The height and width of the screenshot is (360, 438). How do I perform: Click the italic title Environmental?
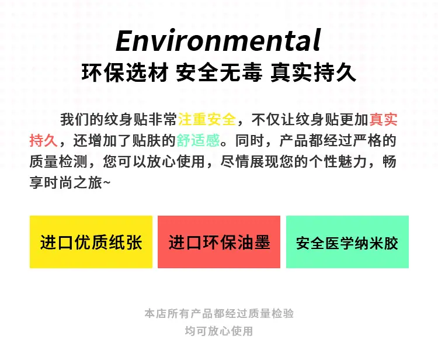218,40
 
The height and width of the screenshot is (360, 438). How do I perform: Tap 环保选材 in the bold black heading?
125,72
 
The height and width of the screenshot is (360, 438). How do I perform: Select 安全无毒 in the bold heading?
219,72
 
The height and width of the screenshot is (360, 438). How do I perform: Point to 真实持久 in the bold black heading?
313,72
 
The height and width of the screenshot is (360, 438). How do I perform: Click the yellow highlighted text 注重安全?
207,119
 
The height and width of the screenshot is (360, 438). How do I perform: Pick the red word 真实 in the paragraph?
383,119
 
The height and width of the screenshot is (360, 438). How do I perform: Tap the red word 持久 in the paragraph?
44,140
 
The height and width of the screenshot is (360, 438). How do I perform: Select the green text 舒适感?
199,140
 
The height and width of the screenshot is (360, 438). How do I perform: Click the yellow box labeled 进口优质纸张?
91,242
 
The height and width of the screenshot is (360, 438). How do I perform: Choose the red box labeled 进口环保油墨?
219,242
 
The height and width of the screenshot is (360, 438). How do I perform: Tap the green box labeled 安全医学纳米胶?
347,242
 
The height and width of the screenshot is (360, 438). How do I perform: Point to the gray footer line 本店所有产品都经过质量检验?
219,314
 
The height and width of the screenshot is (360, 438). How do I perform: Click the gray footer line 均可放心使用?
219,331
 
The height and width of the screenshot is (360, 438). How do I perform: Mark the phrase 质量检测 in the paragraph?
58,161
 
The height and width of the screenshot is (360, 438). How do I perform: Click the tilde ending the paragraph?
107,183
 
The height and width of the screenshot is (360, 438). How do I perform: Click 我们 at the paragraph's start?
75,119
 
